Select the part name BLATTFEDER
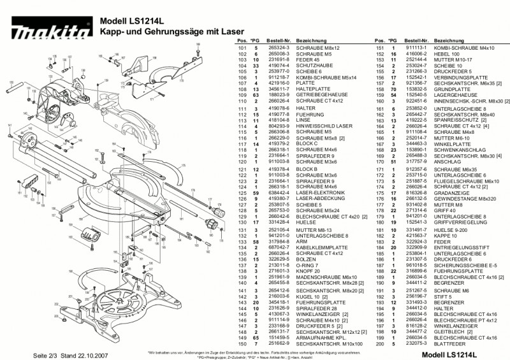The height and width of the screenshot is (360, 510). pos(446,344)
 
